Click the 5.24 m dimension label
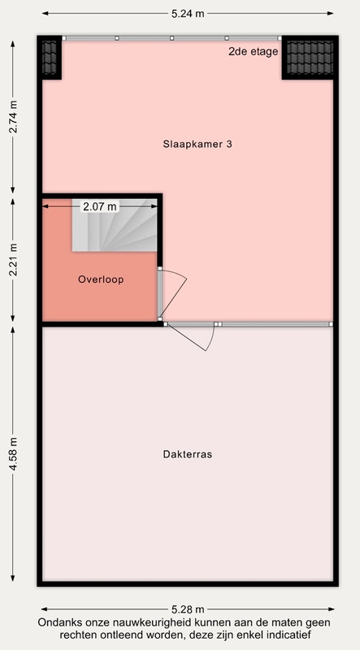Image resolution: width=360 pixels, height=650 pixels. pyautogui.click(x=188, y=13)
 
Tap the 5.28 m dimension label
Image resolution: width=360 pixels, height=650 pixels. pyautogui.click(x=188, y=609)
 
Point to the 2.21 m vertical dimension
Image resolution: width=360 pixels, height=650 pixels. pyautogui.click(x=13, y=259)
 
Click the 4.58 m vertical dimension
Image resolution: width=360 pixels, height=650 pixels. pyautogui.click(x=13, y=454)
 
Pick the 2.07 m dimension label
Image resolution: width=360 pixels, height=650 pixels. pyautogui.click(x=99, y=206)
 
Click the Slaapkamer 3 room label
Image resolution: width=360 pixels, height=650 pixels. pyautogui.click(x=197, y=145)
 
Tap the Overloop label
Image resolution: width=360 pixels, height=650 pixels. pyautogui.click(x=101, y=279)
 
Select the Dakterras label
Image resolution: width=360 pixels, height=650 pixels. pyautogui.click(x=188, y=454)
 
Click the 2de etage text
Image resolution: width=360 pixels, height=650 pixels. pyautogui.click(x=253, y=52)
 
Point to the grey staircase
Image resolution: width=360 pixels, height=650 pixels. pyautogui.click(x=115, y=225)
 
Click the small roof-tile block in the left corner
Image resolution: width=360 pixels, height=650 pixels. pyautogui.click(x=50, y=58)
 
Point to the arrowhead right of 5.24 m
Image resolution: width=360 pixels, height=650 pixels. pyautogui.click(x=331, y=13)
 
